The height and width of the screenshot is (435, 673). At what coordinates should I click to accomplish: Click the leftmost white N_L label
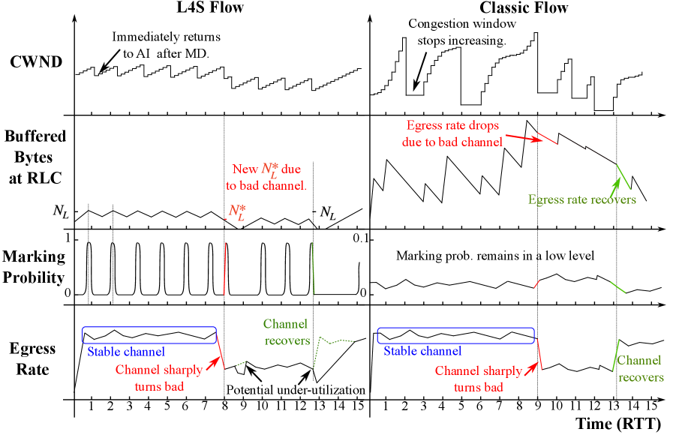click(61, 212)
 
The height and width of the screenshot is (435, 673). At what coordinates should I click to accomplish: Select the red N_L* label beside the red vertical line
click(237, 213)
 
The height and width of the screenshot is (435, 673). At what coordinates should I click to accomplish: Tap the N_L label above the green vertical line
click(328, 213)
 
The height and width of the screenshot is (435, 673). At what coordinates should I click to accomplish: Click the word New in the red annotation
click(245, 169)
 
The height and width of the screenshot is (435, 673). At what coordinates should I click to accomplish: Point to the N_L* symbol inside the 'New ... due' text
click(269, 170)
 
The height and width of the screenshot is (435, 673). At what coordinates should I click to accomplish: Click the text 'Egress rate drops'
click(452, 125)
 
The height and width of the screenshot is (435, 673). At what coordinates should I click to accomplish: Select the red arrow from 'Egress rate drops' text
click(524, 138)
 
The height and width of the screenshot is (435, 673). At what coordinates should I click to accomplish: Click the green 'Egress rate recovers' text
click(581, 199)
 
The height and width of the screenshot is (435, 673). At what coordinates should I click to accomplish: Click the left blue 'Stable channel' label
click(125, 352)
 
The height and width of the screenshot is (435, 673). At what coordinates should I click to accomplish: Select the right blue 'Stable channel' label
click(422, 351)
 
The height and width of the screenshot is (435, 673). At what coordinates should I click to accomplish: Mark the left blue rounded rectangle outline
click(149, 328)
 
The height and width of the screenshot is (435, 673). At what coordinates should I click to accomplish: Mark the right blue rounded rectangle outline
click(455, 328)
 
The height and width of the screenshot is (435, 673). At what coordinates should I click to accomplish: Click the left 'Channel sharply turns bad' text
click(159, 378)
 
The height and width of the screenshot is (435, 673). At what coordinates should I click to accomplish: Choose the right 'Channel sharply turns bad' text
click(478, 378)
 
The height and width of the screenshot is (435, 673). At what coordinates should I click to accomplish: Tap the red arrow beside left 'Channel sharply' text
click(213, 363)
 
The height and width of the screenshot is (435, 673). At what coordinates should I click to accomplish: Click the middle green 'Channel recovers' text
click(286, 332)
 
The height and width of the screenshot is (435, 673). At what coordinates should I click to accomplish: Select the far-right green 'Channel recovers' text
click(640, 369)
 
